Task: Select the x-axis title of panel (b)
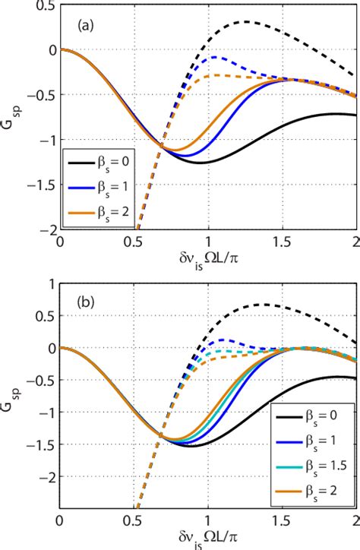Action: (206, 540)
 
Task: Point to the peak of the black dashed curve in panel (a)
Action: (247, 22)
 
